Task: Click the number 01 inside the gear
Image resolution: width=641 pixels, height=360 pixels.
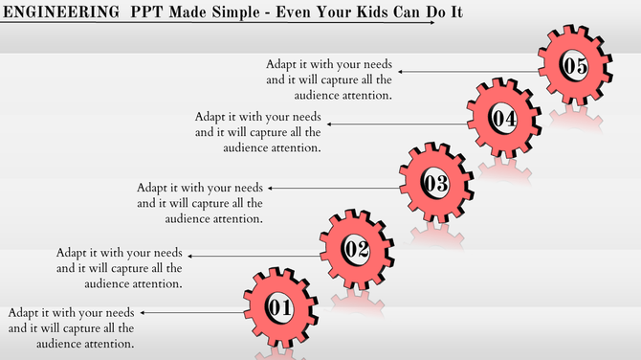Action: (x=278, y=308)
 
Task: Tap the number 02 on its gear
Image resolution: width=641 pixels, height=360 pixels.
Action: (x=356, y=250)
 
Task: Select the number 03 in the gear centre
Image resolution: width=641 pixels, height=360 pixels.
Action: (x=434, y=184)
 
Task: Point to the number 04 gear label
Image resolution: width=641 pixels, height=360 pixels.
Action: (x=504, y=119)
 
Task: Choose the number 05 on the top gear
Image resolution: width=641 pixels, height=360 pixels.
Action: (x=573, y=65)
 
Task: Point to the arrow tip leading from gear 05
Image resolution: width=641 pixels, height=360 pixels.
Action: (x=401, y=71)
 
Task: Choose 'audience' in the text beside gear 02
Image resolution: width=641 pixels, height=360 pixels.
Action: (x=109, y=283)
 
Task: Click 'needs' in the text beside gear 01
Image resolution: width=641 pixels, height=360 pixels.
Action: (x=119, y=313)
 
